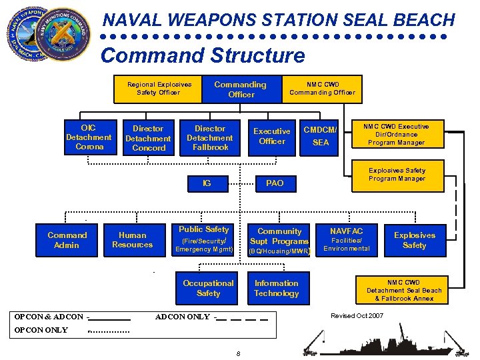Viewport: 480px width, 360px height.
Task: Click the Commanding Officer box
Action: point(240,89)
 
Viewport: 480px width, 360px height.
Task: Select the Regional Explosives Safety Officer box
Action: point(159,89)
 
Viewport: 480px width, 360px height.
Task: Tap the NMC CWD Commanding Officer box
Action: point(322,89)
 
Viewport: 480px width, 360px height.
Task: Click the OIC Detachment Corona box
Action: point(89,137)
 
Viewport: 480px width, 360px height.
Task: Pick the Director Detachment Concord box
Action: point(148,138)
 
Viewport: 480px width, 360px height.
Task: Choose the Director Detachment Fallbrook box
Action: point(210,138)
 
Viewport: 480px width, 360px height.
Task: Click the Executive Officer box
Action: point(272,137)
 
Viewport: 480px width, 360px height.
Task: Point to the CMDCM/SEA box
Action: point(321,137)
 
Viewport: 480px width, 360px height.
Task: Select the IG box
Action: point(207,183)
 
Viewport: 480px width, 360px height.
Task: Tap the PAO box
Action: point(275,183)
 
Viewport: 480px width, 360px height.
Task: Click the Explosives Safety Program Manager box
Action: point(397,175)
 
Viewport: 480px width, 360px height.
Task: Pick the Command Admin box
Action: point(67,240)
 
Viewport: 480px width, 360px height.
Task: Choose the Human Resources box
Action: point(133,240)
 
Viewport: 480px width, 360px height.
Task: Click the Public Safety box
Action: point(204,239)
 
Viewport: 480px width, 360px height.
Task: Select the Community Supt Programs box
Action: point(279,240)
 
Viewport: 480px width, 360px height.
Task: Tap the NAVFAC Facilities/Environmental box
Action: point(347,239)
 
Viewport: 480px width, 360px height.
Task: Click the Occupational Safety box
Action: point(208,289)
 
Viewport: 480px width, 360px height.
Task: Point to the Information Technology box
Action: point(277,289)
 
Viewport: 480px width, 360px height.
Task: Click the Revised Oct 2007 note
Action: point(357,315)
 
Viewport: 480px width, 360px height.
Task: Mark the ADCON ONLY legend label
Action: point(182,317)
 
